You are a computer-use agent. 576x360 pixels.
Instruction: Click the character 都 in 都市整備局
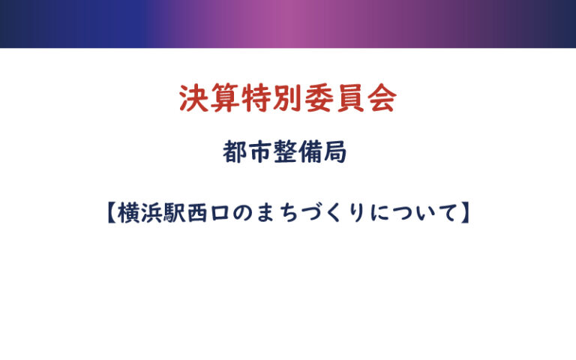235,152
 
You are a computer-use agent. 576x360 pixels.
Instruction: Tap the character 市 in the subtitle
259,152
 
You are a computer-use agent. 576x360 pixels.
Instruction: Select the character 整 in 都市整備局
285,152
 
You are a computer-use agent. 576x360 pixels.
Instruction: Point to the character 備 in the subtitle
310,152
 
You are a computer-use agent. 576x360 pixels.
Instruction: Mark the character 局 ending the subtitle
334,152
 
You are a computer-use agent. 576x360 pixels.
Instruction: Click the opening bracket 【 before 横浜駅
111,213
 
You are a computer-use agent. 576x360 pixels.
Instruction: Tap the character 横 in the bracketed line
128,213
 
